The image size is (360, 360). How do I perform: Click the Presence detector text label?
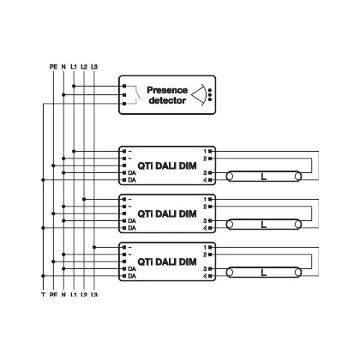pos(167,95)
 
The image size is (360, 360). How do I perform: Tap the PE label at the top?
pos(53,67)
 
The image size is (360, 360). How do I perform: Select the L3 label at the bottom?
pos(94,294)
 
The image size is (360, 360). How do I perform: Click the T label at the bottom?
pos(43,294)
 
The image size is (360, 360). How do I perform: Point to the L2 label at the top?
pos(84,67)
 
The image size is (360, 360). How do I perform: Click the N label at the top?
pos(63,67)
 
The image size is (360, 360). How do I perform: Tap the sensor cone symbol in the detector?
pos(199,95)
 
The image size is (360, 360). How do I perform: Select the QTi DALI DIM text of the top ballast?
pos(167,165)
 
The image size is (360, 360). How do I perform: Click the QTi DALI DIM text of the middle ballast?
pos(167,213)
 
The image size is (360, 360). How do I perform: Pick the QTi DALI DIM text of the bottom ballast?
pos(167,261)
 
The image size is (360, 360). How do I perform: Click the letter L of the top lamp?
pos(264,177)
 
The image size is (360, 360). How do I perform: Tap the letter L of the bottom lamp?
pos(264,273)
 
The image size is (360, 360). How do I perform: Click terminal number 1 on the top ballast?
pos(205,151)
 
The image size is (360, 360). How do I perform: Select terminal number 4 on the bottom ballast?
pos(205,276)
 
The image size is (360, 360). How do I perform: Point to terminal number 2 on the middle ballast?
pos(205,207)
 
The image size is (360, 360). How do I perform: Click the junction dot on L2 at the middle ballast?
pos(84,199)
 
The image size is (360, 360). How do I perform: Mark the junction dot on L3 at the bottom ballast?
pos(94,247)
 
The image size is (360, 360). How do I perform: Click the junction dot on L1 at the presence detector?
pos(74,86)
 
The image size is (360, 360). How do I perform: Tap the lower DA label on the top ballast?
pos(132,180)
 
